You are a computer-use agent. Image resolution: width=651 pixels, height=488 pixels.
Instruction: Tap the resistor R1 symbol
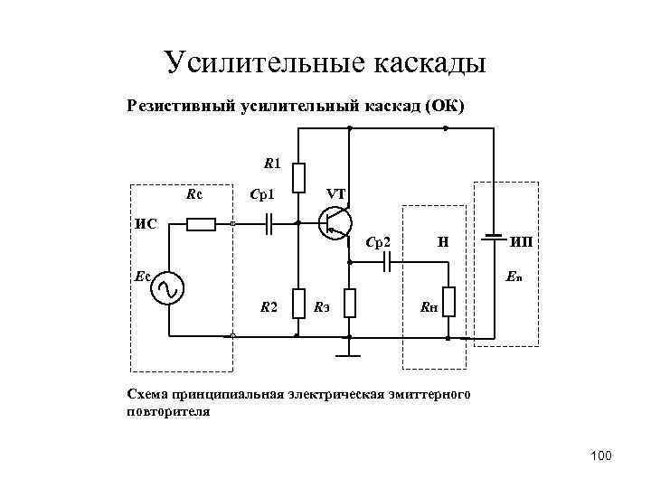(x=299, y=178)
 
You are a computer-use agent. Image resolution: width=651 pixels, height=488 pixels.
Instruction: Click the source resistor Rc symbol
(x=200, y=223)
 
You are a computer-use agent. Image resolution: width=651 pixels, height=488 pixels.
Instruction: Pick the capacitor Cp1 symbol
(x=268, y=223)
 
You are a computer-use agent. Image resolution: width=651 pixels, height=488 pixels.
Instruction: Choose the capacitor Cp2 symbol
(x=386, y=261)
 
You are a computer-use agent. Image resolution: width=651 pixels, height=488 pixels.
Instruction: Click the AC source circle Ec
(x=168, y=288)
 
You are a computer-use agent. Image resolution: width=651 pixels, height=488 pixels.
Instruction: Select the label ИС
(x=145, y=222)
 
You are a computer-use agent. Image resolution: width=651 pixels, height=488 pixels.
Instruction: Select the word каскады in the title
(x=430, y=63)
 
